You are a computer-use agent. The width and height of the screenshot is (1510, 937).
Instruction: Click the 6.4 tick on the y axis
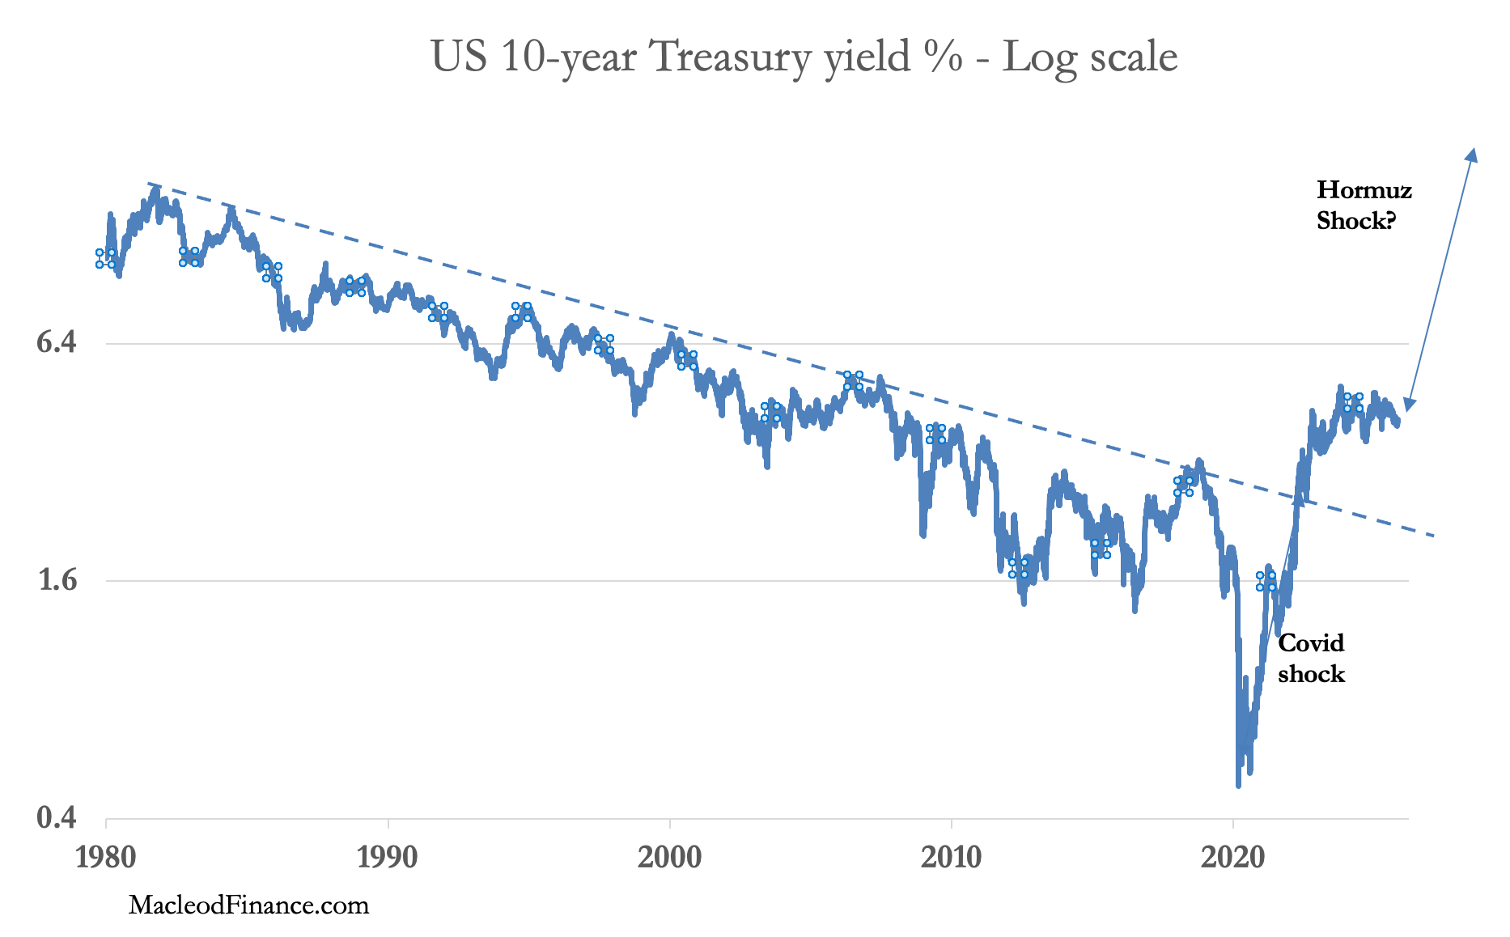pyautogui.click(x=57, y=342)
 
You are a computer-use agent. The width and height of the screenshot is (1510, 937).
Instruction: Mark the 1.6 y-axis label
pyautogui.click(x=57, y=580)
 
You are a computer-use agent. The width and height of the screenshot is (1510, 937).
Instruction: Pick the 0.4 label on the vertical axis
pyautogui.click(x=57, y=818)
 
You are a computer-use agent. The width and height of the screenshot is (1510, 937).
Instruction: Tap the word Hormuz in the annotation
pyautogui.click(x=1364, y=189)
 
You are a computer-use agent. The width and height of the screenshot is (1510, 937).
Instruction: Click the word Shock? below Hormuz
pyautogui.click(x=1356, y=221)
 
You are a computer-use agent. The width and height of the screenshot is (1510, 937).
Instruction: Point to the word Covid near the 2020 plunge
pyautogui.click(x=1311, y=643)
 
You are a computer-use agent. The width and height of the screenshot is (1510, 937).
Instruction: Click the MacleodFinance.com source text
pyautogui.click(x=248, y=905)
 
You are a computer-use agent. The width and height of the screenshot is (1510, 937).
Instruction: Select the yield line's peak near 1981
pyautogui.click(x=155, y=190)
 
